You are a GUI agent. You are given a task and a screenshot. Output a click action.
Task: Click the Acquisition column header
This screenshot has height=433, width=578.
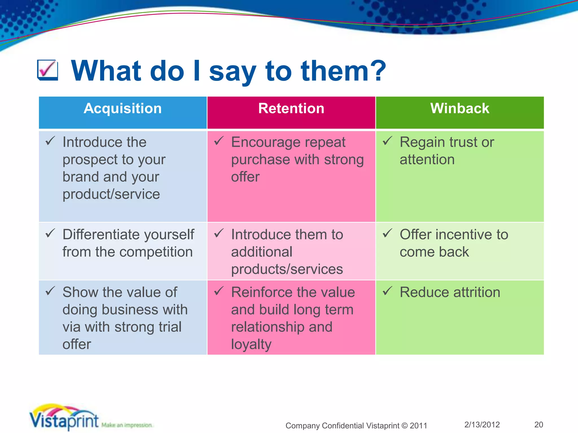(122, 109)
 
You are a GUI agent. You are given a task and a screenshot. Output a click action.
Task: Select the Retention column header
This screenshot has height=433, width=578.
(291, 109)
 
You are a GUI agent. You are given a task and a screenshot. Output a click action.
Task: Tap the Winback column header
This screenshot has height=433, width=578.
(459, 109)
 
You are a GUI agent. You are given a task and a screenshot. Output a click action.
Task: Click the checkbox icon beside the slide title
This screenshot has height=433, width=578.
(47, 70)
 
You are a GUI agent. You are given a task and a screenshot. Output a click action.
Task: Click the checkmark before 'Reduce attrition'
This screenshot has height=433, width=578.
(387, 291)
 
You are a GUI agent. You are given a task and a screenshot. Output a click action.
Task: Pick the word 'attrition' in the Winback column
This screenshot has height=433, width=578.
(477, 292)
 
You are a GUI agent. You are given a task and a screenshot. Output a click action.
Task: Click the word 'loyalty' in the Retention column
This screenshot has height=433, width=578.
(251, 344)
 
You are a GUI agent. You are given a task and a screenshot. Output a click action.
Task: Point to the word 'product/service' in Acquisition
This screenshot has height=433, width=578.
(111, 194)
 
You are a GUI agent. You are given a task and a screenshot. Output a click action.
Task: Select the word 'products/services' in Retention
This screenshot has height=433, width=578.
(287, 269)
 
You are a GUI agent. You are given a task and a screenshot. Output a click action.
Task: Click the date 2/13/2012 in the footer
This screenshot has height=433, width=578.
(482, 425)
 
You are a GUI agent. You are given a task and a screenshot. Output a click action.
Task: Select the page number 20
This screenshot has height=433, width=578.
(538, 425)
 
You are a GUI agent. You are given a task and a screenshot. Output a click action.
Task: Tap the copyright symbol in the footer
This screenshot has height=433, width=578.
(404, 425)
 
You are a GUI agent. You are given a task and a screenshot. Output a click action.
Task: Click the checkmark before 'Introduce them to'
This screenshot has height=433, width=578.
(219, 233)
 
